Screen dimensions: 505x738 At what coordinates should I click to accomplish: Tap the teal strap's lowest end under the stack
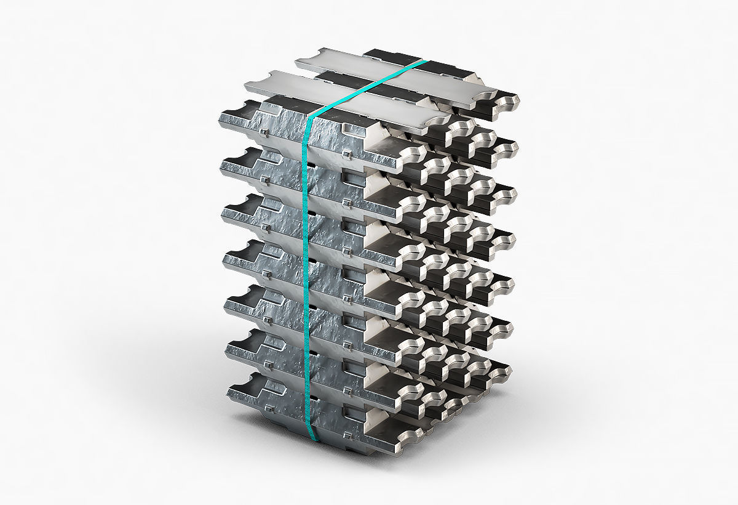tap(314, 438)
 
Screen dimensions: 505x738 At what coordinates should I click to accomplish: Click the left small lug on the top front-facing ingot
tap(262, 132)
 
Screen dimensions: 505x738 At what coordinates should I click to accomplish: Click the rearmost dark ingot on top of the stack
tap(394, 57)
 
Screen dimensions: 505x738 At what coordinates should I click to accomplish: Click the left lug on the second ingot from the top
tap(264, 179)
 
